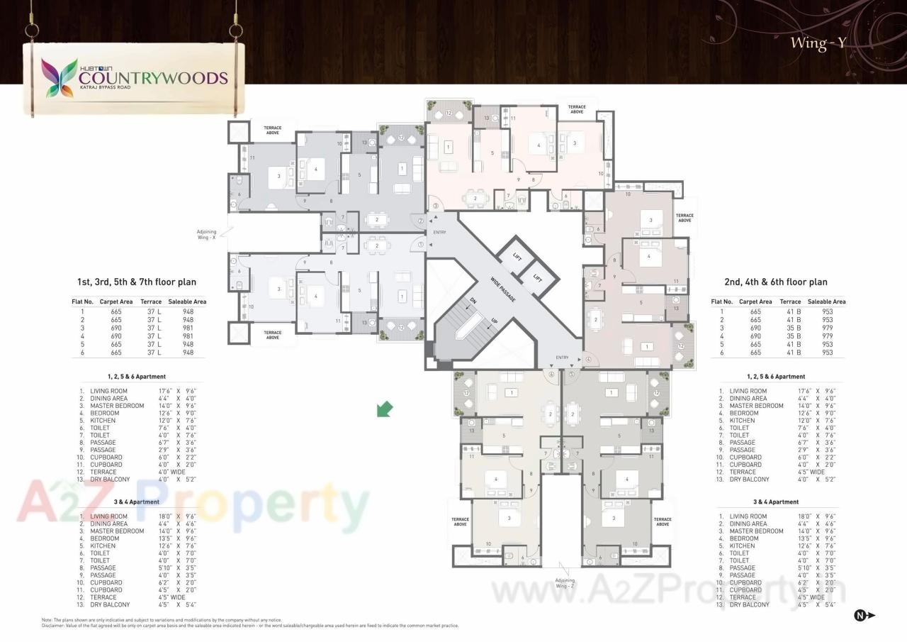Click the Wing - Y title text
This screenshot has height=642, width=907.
tap(818, 43)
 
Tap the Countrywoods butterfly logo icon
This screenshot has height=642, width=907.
tap(60, 77)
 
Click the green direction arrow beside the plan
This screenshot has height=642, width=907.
tap(384, 409)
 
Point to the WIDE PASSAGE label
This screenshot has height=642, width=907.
tap(502, 289)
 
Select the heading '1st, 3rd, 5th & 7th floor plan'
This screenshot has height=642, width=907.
tap(137, 282)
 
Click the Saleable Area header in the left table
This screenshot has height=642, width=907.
tap(187, 301)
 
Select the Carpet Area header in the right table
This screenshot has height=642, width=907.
tap(755, 301)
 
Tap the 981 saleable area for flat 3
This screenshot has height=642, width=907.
tap(188, 327)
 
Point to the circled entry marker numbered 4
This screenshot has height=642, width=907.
tap(587, 360)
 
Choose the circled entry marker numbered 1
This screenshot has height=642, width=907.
tap(421, 245)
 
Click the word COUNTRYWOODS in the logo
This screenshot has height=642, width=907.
tap(153, 77)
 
